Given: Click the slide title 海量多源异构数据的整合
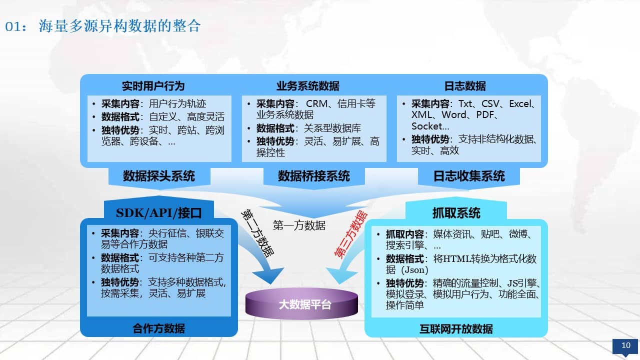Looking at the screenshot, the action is [x=119, y=26].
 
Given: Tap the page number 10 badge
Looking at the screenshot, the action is [x=625, y=346].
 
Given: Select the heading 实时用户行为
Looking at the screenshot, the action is [x=153, y=86].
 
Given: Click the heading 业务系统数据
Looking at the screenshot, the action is [x=307, y=86].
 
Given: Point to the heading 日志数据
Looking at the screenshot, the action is [x=465, y=86].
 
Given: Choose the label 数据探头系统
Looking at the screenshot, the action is [x=159, y=176].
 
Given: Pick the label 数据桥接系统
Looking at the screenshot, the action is [x=313, y=176].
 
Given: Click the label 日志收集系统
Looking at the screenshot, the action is [x=469, y=176].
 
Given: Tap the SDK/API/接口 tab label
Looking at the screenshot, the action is [x=159, y=213].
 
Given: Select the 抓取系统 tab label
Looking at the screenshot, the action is [x=456, y=213].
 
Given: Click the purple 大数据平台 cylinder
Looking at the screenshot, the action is [x=301, y=303].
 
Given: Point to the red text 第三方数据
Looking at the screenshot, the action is [x=350, y=234].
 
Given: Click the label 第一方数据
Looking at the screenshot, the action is [x=299, y=225].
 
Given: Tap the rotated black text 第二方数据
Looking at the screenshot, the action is [x=257, y=233].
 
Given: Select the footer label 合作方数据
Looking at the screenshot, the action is [x=159, y=328].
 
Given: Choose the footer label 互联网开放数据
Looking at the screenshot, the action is [x=456, y=329].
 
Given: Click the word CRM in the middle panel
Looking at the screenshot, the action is [x=316, y=103].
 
